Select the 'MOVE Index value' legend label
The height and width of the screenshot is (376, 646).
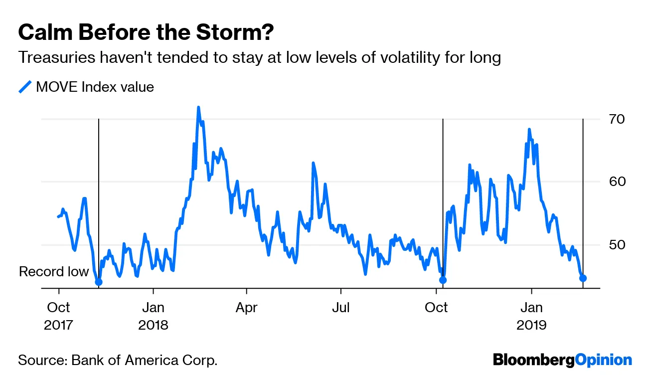point(95,87)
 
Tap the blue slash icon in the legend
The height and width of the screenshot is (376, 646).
point(25,87)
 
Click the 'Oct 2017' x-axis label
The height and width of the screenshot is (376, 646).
point(59,316)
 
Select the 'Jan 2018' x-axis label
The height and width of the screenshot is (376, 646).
point(154,316)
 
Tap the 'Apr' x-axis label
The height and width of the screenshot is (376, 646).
point(247,307)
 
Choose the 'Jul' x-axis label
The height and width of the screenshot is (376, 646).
point(341,307)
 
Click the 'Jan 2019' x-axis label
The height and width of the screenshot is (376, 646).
point(531,316)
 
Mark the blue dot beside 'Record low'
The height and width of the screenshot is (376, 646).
point(99,282)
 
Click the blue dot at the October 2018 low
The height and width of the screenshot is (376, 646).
point(443,280)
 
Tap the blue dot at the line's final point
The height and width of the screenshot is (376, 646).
point(583,278)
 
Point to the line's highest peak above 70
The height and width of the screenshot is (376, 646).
point(198,107)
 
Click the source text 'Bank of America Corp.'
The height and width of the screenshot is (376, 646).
point(145,360)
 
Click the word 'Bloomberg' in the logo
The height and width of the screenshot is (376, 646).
point(533,360)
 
